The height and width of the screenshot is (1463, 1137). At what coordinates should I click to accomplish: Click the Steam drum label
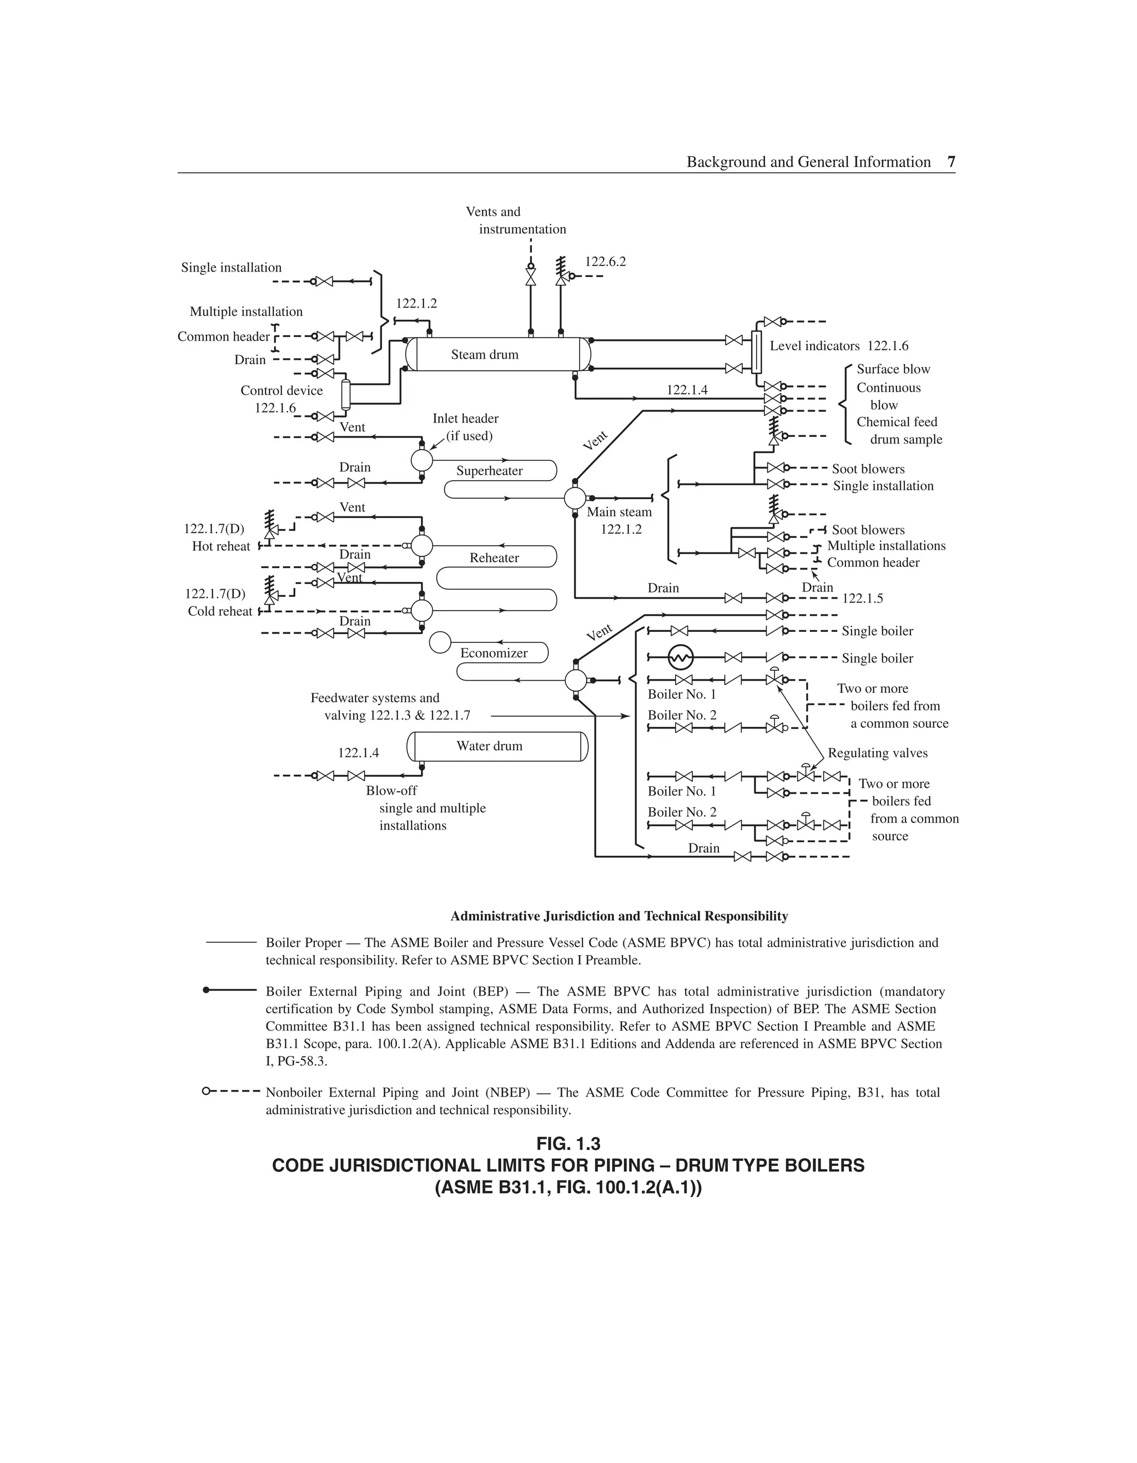pos(485,355)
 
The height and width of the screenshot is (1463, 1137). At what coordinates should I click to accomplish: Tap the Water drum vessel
pos(497,746)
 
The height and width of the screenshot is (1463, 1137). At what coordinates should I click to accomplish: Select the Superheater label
pos(489,471)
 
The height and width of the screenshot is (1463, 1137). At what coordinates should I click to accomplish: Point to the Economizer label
pos(494,653)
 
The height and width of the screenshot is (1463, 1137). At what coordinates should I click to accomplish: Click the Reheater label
pos(495,558)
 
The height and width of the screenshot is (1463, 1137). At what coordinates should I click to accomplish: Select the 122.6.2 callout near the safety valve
pos(605,262)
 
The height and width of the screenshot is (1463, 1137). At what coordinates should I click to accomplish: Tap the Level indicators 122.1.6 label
pos(839,346)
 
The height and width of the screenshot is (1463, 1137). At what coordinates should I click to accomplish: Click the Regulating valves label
pos(878,753)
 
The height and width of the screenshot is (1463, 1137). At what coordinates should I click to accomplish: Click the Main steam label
pos(619,512)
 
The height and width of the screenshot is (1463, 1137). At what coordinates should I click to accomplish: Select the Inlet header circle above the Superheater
pos(421,460)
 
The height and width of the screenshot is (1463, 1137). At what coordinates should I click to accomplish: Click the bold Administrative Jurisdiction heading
pos(619,916)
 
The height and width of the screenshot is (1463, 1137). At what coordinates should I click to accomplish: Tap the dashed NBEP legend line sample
pos(231,1092)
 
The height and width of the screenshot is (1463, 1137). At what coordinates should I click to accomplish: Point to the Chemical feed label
pos(897,422)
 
